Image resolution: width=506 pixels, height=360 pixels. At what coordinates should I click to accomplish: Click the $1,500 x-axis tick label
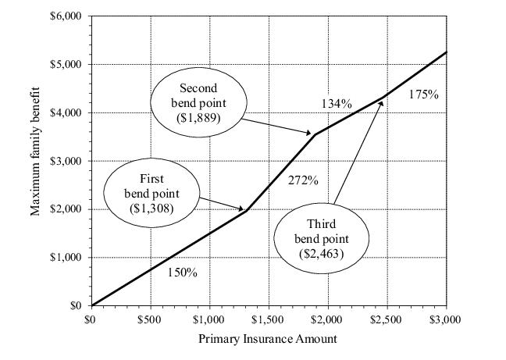click(269, 319)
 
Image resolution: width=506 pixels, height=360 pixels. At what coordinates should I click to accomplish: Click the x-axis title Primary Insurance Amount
click(268, 338)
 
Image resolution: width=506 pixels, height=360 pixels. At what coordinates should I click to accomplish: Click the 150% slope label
click(183, 273)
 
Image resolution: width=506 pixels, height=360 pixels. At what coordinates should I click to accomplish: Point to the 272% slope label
click(303, 181)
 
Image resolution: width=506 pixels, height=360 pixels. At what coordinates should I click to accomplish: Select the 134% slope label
click(337, 103)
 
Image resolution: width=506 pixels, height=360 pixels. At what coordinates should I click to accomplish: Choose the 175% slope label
click(423, 94)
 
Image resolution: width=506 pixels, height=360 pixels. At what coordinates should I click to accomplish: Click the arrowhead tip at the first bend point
click(246, 209)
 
